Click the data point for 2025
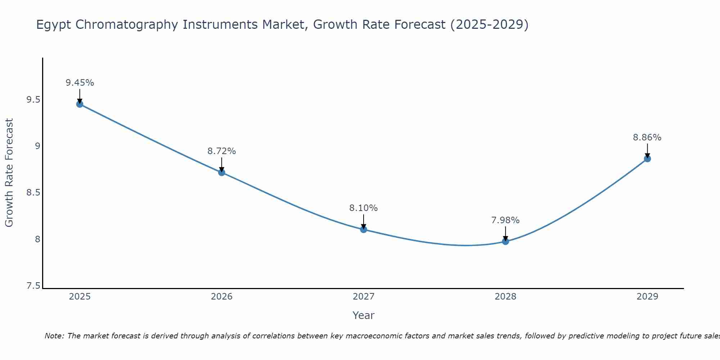click(x=80, y=104)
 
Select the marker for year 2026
click(x=221, y=172)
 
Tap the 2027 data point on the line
click(x=363, y=229)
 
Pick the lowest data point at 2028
click(x=505, y=241)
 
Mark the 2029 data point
click(x=647, y=159)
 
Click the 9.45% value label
click(x=80, y=83)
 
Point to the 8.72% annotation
click(x=221, y=151)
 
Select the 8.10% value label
click(x=363, y=208)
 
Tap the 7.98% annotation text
click(x=505, y=220)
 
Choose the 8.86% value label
click(x=647, y=138)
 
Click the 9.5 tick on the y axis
click(x=33, y=100)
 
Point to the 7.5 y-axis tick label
click(x=33, y=286)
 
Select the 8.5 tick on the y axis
click(x=33, y=193)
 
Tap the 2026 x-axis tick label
click(x=221, y=297)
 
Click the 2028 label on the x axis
click(x=505, y=297)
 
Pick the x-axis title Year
click(x=363, y=315)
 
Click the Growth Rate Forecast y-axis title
click(x=9, y=173)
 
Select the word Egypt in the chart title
click(x=54, y=25)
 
